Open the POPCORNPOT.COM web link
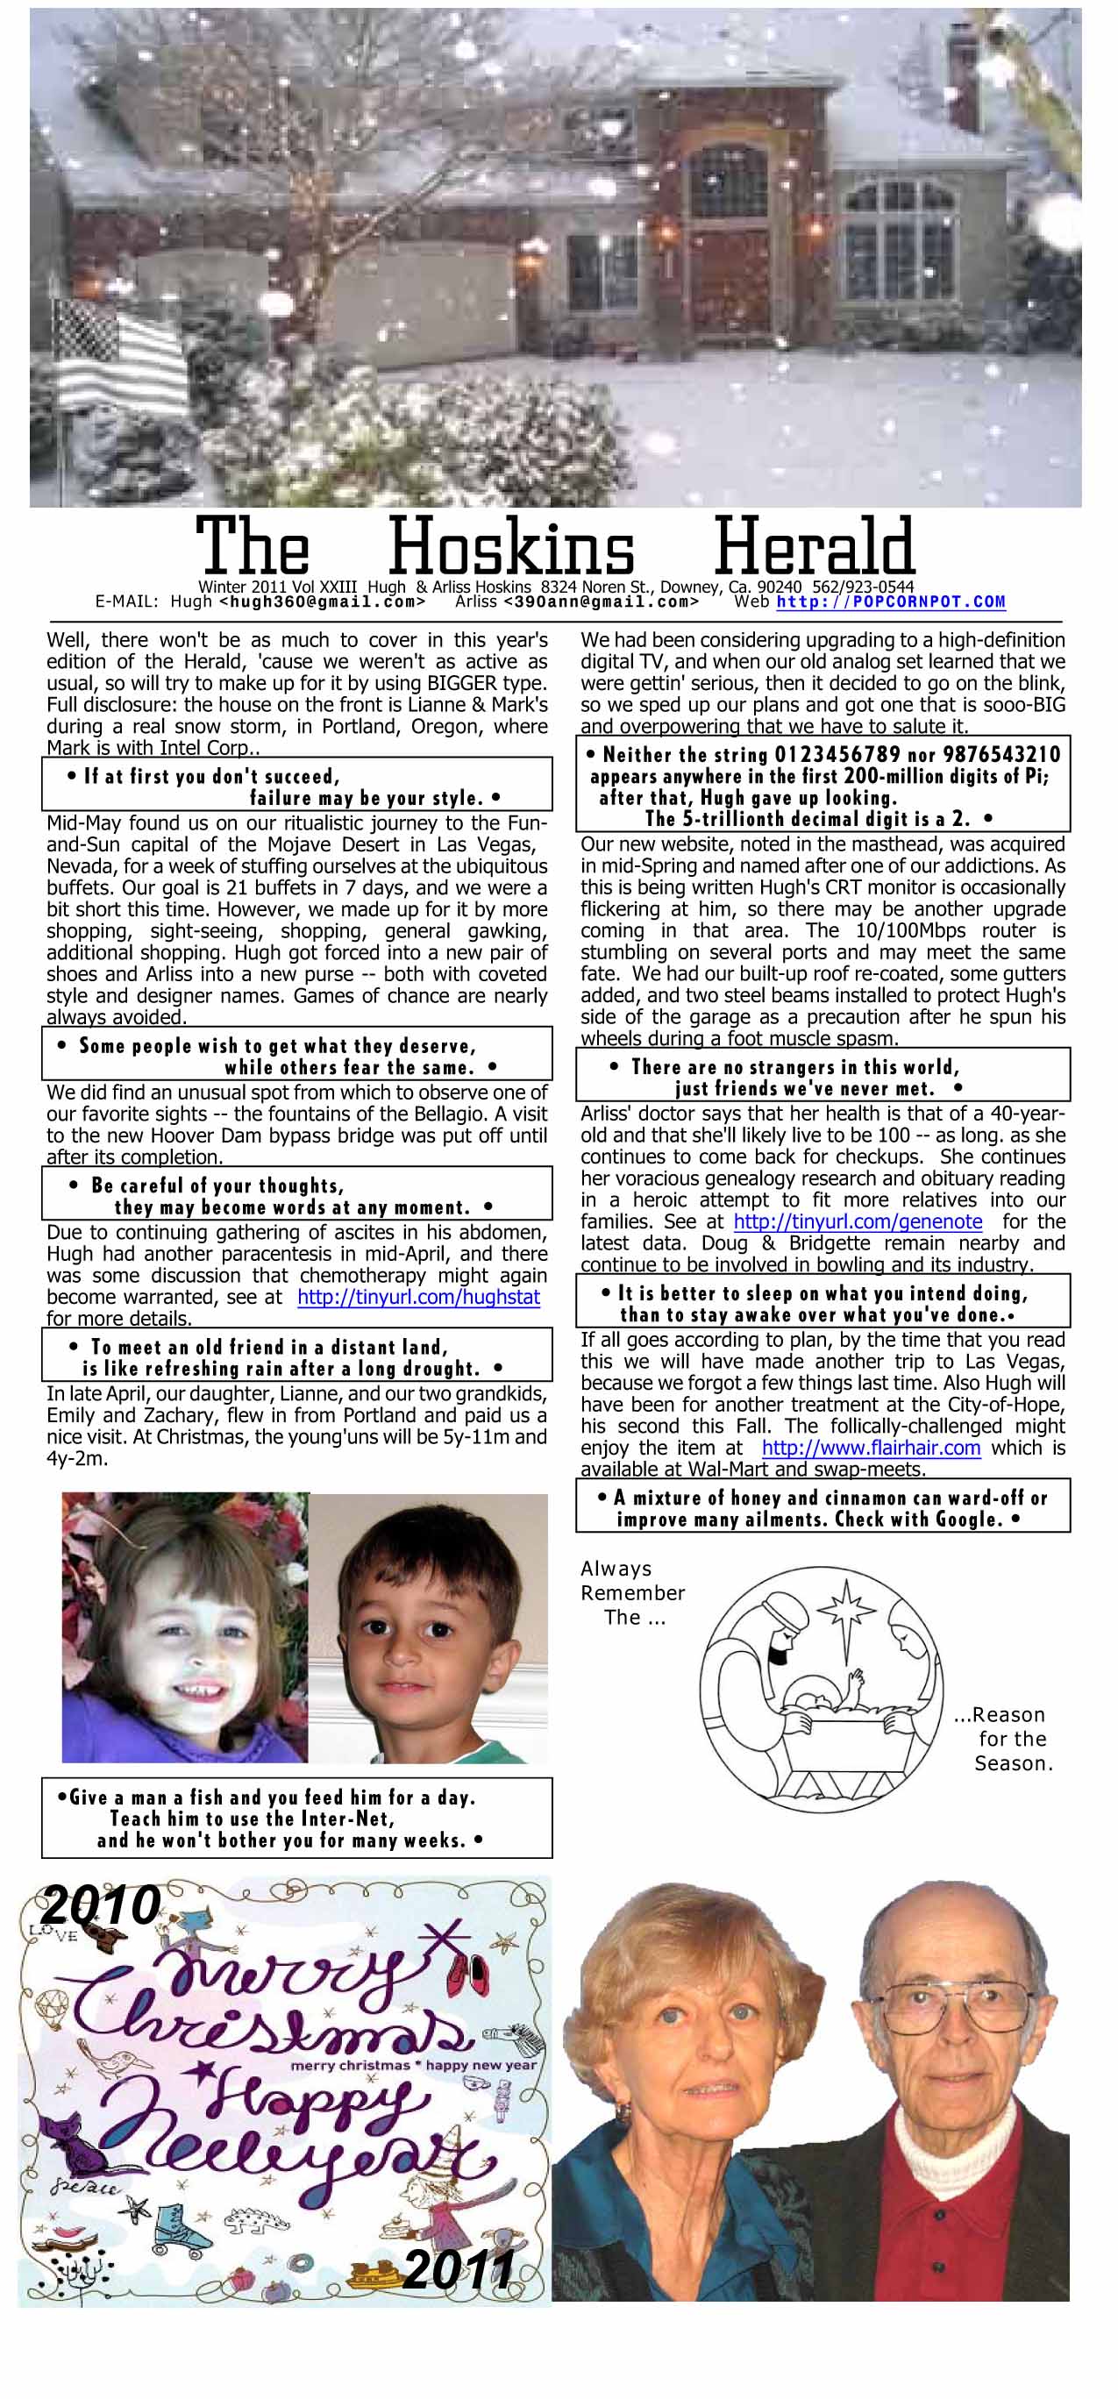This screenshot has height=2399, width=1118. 891,602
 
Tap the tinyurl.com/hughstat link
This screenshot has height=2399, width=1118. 418,1298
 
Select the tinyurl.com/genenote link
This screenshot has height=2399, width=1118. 858,1221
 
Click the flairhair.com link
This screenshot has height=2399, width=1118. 870,1449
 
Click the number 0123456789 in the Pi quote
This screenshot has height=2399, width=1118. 837,754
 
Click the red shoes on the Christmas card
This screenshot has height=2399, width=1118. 466,1974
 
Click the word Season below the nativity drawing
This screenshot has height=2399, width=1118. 1013,1764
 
